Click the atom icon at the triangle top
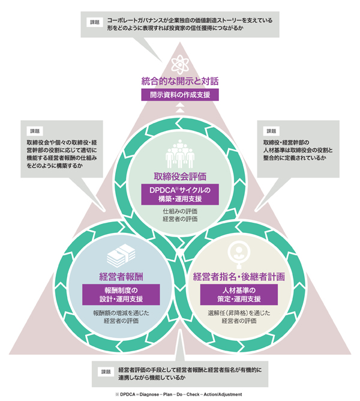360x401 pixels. [180, 64]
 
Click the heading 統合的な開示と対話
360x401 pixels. [180, 81]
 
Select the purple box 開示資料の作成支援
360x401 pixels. [180, 95]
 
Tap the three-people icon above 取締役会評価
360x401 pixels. [180, 153]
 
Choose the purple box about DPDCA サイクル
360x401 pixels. [180, 194]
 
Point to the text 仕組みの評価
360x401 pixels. [180, 212]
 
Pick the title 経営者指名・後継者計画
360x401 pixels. [239, 277]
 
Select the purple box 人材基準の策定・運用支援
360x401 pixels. [239, 295]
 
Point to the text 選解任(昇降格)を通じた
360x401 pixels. [239, 313]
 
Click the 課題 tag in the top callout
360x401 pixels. [95, 22]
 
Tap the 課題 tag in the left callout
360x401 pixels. [34, 130]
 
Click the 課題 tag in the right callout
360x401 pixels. [272, 131]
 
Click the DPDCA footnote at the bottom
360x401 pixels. [180, 394]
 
